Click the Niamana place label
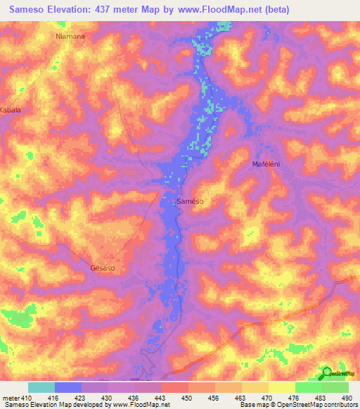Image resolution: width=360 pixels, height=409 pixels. click(x=70, y=36)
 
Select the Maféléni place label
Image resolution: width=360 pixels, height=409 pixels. click(x=267, y=164)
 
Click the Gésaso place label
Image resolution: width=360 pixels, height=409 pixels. click(x=103, y=268)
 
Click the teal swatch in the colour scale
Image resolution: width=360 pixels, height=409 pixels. click(x=41, y=387)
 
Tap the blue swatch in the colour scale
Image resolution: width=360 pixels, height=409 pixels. click(x=68, y=387)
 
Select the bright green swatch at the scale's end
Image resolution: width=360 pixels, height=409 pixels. click(x=335, y=387)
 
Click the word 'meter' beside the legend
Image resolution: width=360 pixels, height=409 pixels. click(x=8, y=397)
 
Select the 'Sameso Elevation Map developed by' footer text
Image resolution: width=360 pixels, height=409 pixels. click(x=51, y=405)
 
